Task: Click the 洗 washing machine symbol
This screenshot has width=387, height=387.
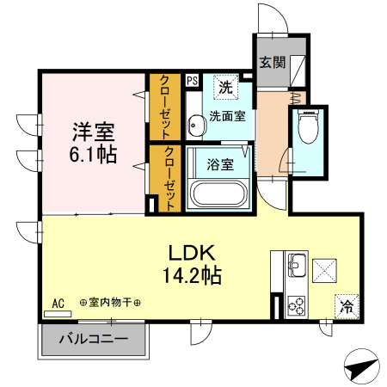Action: point(224,86)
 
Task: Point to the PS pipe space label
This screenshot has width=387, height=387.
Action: point(192,80)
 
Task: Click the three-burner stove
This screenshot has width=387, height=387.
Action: point(296,304)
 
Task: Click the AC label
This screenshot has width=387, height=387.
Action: point(58,304)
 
